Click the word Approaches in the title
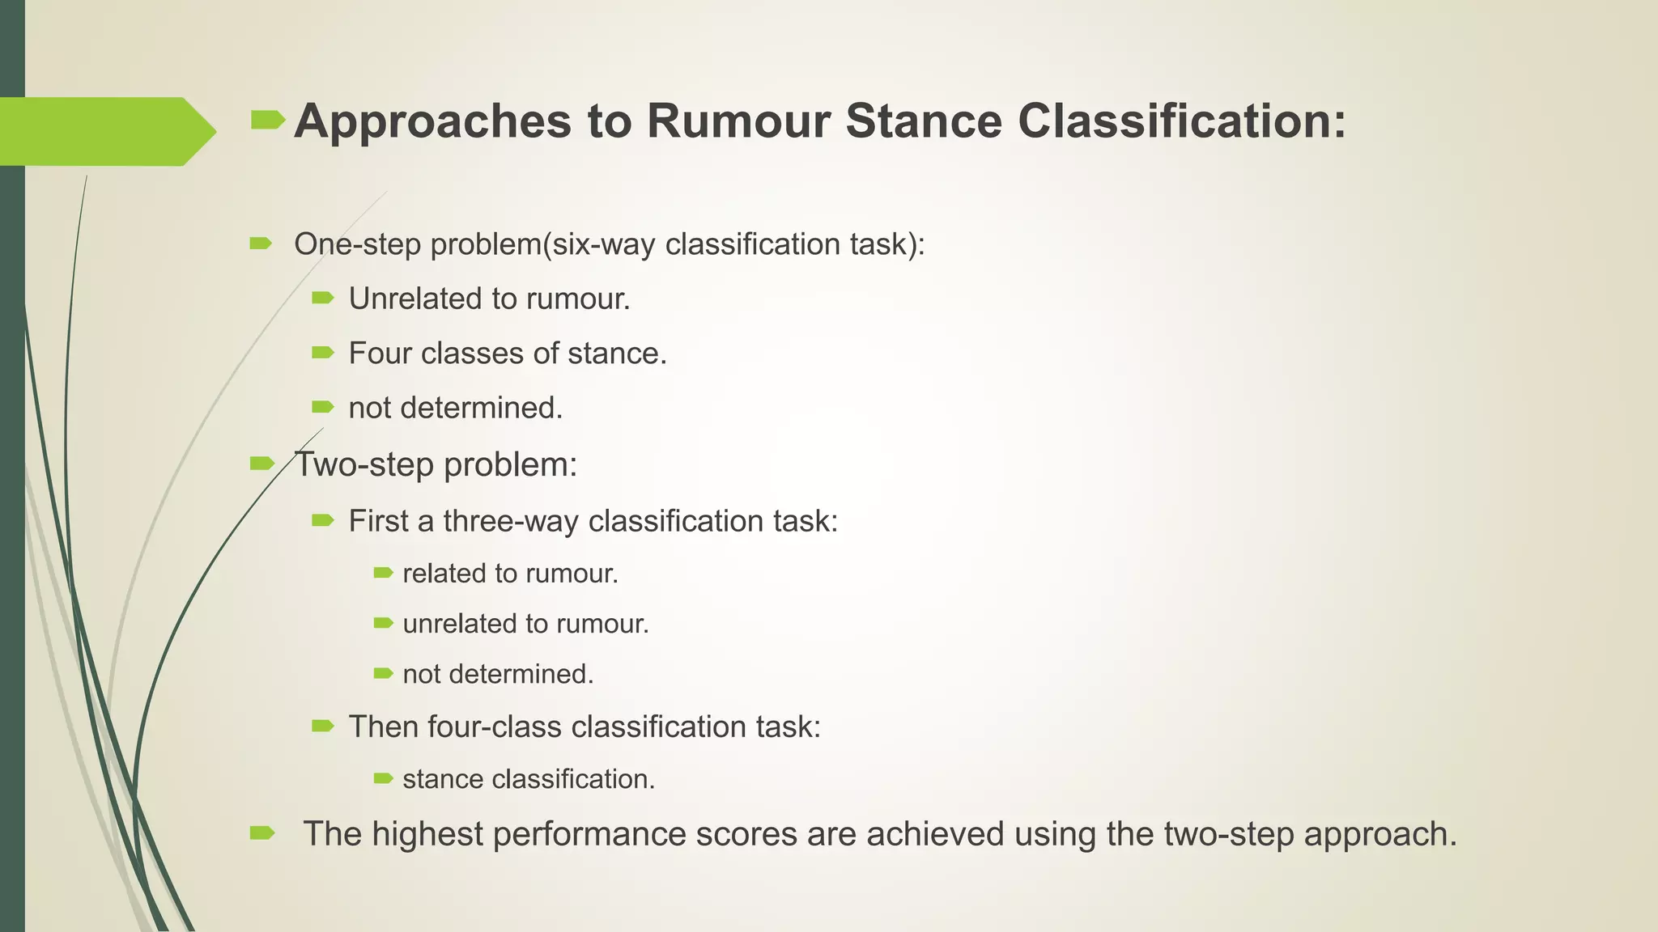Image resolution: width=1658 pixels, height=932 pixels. click(433, 121)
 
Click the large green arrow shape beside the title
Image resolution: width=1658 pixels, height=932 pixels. click(105, 131)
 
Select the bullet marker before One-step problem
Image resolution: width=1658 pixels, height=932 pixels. click(261, 244)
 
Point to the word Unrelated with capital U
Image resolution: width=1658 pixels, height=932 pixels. click(414, 299)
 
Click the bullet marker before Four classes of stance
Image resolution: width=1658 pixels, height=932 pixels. click(322, 353)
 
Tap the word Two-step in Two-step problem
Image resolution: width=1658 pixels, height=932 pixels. click(363, 464)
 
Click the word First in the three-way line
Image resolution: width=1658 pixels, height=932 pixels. click(379, 521)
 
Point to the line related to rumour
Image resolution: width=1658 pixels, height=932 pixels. click(510, 574)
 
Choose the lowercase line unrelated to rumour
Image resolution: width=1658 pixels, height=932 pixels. click(525, 624)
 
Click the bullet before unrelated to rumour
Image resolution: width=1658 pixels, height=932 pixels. click(383, 623)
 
